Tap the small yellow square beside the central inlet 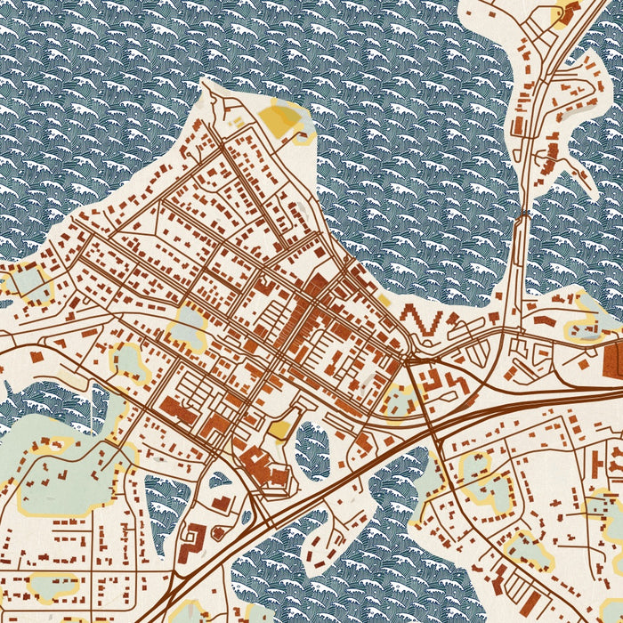coord(279,431)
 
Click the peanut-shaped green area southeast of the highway coord(479,481)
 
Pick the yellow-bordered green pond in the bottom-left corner coord(53,585)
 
